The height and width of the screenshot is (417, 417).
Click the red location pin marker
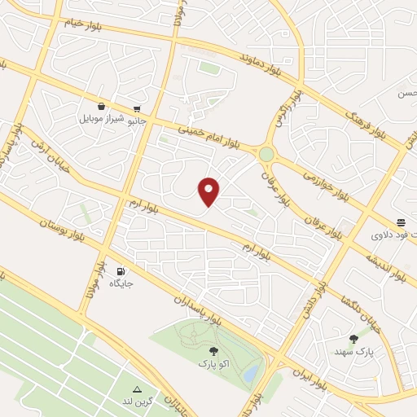click(210, 191)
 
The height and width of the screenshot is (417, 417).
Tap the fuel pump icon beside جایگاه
click(121, 272)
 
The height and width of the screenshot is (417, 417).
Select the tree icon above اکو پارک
click(213, 351)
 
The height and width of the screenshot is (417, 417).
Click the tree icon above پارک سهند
click(353, 339)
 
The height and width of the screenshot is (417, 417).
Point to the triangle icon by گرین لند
click(137, 390)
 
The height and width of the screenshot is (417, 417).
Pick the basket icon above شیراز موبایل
click(101, 106)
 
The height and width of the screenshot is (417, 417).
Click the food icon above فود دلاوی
click(401, 222)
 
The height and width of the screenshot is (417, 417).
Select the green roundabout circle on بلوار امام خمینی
click(266, 153)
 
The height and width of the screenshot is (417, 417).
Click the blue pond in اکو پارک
click(253, 374)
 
